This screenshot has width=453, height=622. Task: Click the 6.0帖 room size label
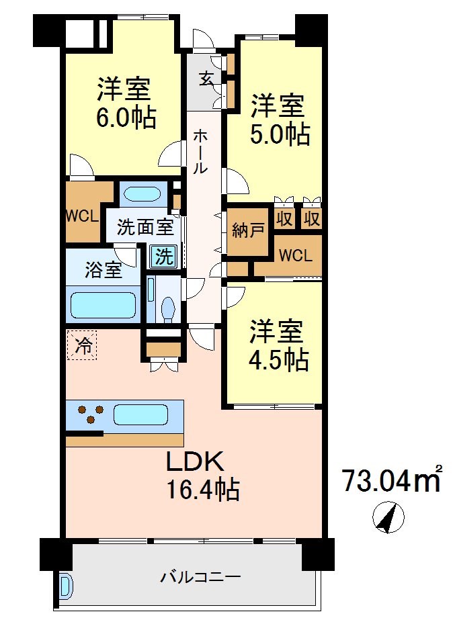[x=126, y=118]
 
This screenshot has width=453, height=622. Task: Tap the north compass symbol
[x=388, y=517]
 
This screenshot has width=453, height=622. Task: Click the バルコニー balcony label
[x=191, y=577]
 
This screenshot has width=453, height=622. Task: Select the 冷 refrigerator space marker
[x=82, y=347]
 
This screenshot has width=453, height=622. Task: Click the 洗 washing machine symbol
[x=162, y=256]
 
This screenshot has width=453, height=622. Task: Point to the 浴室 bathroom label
[x=104, y=271]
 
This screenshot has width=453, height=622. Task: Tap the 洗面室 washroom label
[x=145, y=227]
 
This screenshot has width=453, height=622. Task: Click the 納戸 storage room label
[x=247, y=232]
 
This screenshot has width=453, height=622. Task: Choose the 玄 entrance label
[x=206, y=78]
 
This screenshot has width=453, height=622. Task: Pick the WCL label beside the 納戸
[x=295, y=256]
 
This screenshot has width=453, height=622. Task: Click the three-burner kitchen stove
[x=89, y=414]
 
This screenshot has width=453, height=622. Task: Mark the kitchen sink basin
[x=140, y=414]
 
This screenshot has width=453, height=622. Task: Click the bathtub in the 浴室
[x=103, y=304]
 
